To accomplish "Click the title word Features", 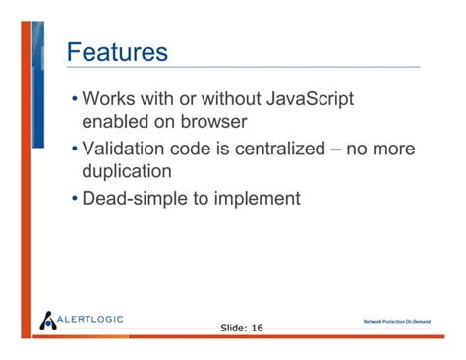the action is (x=117, y=52).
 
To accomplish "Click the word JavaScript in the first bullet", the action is (x=310, y=99).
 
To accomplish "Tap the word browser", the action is (x=213, y=122).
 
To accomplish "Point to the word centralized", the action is (x=280, y=149).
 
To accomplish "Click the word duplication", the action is (x=127, y=171).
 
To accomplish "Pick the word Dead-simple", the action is (x=135, y=199).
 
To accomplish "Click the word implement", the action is (x=258, y=199).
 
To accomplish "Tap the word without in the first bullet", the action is (x=231, y=98).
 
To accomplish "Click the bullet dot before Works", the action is (x=75, y=98).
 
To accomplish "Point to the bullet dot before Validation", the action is (x=75, y=149).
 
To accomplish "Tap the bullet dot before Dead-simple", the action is (x=75, y=199).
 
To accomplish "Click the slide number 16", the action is (x=258, y=328).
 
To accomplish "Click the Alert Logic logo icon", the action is (x=48, y=321).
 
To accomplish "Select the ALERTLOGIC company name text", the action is (x=90, y=319).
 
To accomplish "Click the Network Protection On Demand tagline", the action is (x=397, y=322).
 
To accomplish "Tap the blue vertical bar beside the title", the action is (x=38, y=85).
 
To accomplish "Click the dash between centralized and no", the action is (x=336, y=150).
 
